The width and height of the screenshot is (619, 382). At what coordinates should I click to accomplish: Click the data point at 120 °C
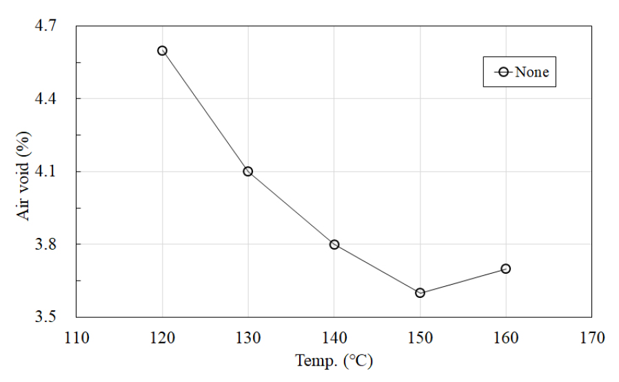click(162, 50)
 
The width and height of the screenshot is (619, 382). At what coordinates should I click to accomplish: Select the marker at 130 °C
click(248, 171)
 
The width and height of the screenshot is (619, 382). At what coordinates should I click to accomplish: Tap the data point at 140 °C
click(334, 244)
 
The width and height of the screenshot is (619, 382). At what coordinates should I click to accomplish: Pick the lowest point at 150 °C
click(420, 293)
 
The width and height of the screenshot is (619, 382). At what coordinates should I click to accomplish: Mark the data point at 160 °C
click(506, 268)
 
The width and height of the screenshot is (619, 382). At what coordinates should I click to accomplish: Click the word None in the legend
click(532, 72)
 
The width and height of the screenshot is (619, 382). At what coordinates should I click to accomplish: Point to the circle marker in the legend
click(503, 72)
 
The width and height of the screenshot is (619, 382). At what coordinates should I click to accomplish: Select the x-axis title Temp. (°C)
click(334, 361)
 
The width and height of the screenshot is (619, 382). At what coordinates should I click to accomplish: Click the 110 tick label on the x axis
click(77, 338)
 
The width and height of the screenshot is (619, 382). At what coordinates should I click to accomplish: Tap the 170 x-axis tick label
click(591, 338)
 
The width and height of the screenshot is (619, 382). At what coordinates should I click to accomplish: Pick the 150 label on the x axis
click(420, 338)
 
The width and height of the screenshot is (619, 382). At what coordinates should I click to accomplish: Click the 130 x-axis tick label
click(248, 338)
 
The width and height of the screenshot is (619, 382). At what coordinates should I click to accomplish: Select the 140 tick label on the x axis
click(334, 338)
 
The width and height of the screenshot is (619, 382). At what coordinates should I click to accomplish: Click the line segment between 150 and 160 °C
click(463, 281)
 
